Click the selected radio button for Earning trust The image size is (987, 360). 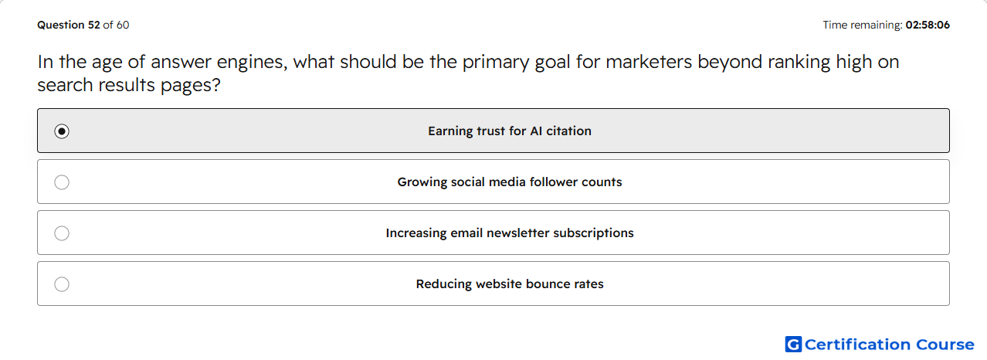62,131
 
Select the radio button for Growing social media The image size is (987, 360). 62,182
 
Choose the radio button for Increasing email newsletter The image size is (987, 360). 62,233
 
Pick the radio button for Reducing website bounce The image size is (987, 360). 62,284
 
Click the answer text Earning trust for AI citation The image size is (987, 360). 510,131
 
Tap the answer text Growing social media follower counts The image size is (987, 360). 510,182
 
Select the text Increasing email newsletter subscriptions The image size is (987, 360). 510,233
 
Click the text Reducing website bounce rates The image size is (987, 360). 510,284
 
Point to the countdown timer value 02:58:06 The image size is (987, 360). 928,25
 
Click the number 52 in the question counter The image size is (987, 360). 94,25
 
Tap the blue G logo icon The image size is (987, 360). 793,344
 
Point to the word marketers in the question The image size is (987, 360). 649,62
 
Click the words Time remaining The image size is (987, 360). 863,25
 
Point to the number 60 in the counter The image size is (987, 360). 123,25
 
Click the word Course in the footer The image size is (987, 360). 945,344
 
